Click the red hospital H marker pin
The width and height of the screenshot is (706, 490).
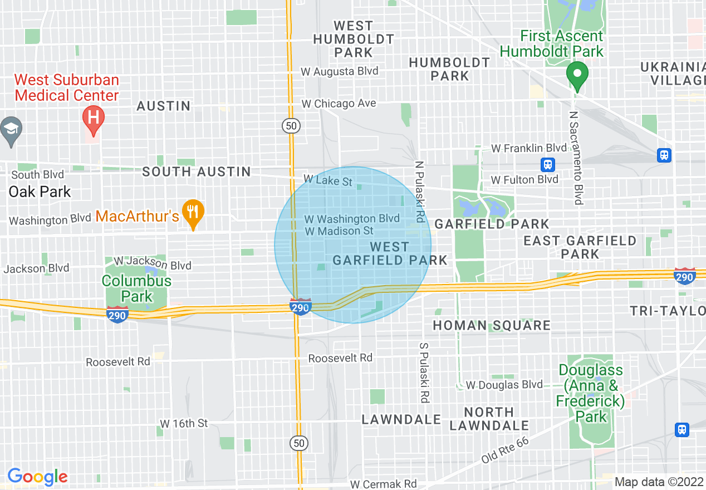[x=93, y=118]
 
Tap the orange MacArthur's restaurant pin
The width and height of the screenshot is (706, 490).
[x=193, y=212]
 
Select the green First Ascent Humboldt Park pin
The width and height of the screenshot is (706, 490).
[x=577, y=75]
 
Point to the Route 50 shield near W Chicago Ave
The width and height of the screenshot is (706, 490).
[x=291, y=126]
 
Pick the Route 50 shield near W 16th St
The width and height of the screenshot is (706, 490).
[x=299, y=443]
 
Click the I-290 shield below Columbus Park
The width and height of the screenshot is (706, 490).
[x=117, y=314]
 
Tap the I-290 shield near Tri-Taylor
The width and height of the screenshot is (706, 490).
[x=684, y=276]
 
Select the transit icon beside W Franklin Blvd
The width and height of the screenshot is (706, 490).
[x=548, y=164]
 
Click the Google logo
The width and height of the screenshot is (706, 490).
[x=37, y=477]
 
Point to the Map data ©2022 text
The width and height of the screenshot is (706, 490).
[x=659, y=482]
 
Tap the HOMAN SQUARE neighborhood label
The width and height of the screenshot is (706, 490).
[x=492, y=325]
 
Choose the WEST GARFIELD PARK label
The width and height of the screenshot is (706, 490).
[x=390, y=253]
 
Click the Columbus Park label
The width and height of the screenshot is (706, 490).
[x=136, y=288]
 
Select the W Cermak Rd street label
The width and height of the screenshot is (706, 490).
[x=383, y=483]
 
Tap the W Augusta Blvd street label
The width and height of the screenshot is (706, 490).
[x=339, y=71]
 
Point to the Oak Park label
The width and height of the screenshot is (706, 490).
[x=40, y=192]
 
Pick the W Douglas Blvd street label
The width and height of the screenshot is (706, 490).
[x=504, y=385]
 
